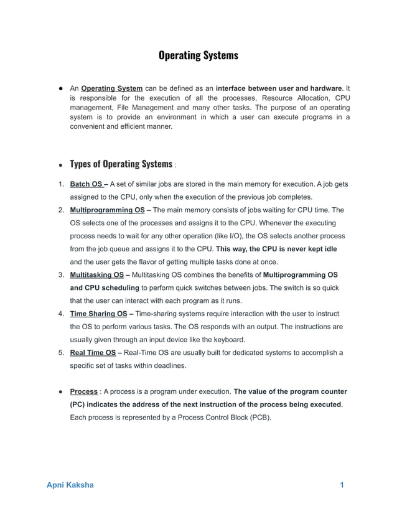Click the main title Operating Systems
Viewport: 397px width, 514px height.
point(198,55)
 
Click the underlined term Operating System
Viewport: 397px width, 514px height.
point(112,88)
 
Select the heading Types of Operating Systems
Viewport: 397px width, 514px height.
point(121,164)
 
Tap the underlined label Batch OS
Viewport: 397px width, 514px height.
point(86,185)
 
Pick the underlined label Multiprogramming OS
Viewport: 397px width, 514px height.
point(107,210)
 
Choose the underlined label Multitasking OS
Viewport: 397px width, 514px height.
point(96,275)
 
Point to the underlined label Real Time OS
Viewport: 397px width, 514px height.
point(93,353)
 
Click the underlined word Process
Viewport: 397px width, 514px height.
point(83,392)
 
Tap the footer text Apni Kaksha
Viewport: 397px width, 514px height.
point(70,485)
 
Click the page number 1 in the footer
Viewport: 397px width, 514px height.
point(342,485)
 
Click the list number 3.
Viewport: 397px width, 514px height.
point(60,275)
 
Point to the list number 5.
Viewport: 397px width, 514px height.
point(60,353)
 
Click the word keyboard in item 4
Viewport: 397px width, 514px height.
point(229,340)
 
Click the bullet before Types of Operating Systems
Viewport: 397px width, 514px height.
point(60,166)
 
